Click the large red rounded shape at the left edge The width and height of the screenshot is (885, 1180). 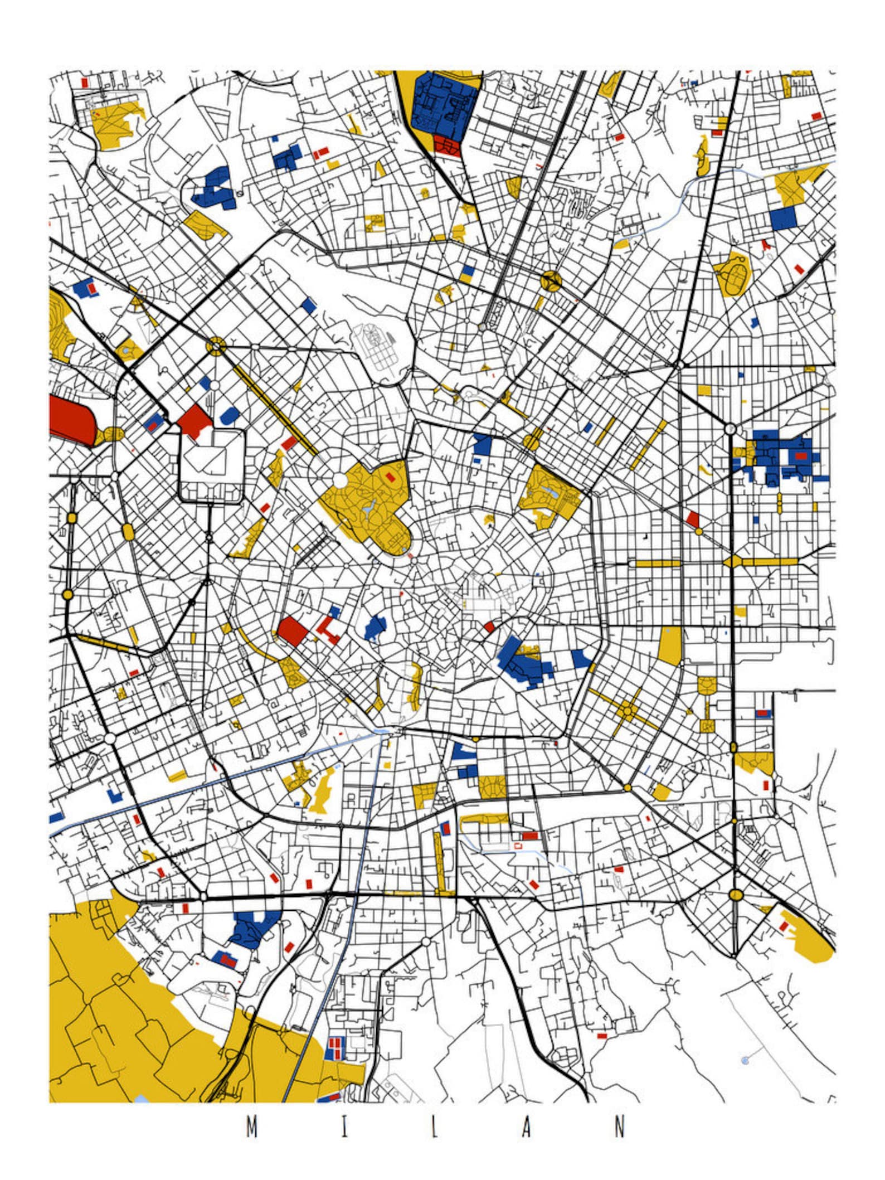(x=71, y=421)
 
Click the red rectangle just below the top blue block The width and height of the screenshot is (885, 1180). (x=447, y=145)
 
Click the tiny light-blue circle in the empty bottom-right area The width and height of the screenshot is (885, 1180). (x=745, y=1060)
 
